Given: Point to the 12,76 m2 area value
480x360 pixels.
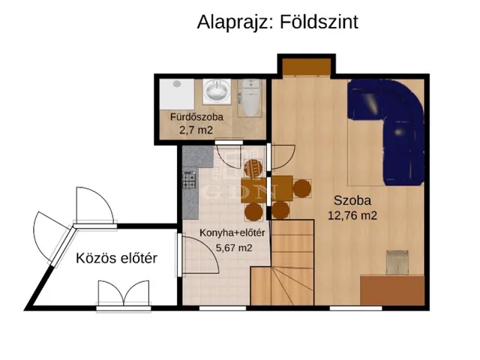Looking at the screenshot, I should pyautogui.click(x=352, y=215).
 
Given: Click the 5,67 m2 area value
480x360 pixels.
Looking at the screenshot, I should pyautogui.click(x=233, y=247).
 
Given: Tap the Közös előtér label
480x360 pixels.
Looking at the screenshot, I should pyautogui.click(x=116, y=259).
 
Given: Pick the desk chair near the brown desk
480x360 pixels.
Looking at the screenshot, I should pyautogui.click(x=396, y=262).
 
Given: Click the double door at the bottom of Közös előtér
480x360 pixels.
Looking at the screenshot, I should pyautogui.click(x=119, y=294).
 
